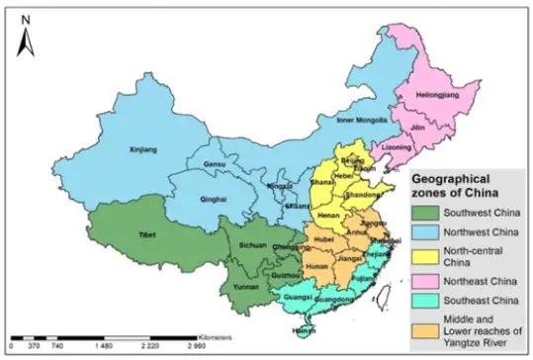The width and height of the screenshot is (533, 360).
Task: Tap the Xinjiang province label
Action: coord(143,151)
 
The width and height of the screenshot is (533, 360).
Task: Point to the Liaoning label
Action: coord(397,147)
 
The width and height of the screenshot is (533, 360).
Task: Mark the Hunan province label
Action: coord(317,265)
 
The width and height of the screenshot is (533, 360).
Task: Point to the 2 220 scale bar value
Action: coord(147,348)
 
